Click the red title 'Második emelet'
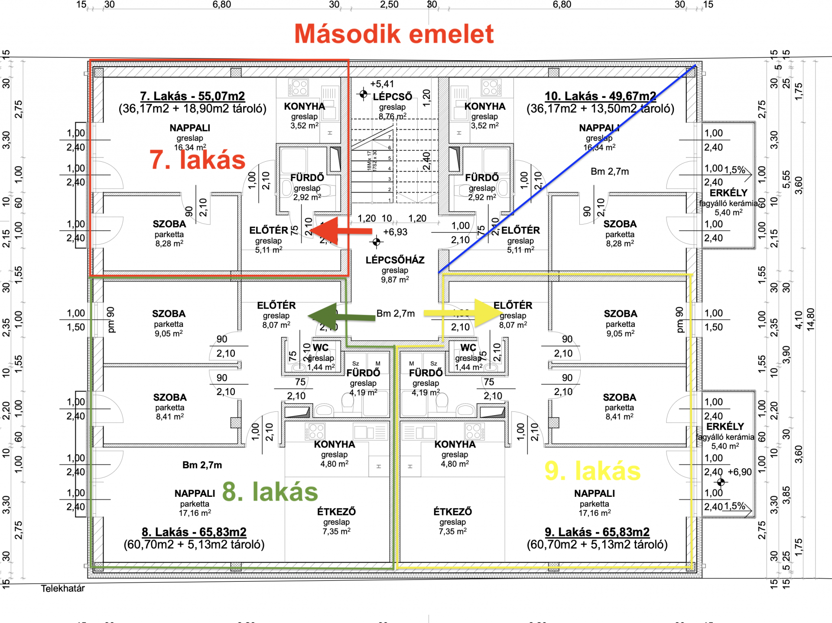[x=394, y=34]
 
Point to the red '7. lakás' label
[x=198, y=160]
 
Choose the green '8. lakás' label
[x=270, y=492]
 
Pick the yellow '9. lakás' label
[x=592, y=471]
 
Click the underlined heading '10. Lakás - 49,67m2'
[x=600, y=96]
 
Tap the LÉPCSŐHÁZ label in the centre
[x=395, y=260]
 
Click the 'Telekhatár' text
[x=63, y=588]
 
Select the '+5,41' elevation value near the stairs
[x=382, y=84]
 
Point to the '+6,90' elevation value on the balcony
[x=740, y=472]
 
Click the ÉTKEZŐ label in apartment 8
[x=336, y=512]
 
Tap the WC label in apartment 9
[x=468, y=348]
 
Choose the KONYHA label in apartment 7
[x=304, y=106]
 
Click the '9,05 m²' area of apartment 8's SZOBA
[x=169, y=333]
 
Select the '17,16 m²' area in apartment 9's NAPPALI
[x=595, y=513]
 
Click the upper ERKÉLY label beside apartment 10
[x=728, y=193]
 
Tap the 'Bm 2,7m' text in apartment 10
[x=610, y=172]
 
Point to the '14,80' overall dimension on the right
[x=810, y=319]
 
